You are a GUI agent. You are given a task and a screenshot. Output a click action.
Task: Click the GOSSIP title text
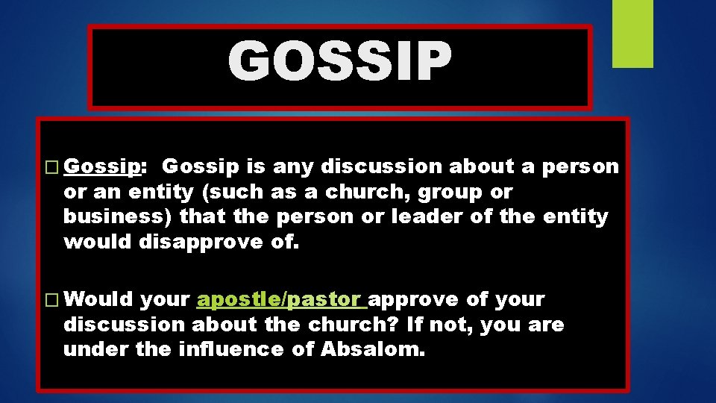(339, 62)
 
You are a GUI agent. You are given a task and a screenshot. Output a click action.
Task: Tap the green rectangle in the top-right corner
(632, 34)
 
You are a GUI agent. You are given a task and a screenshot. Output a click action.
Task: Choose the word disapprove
(198, 242)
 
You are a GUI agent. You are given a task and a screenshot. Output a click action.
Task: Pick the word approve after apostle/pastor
(414, 300)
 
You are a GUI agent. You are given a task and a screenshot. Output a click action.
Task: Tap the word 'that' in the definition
(203, 217)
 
